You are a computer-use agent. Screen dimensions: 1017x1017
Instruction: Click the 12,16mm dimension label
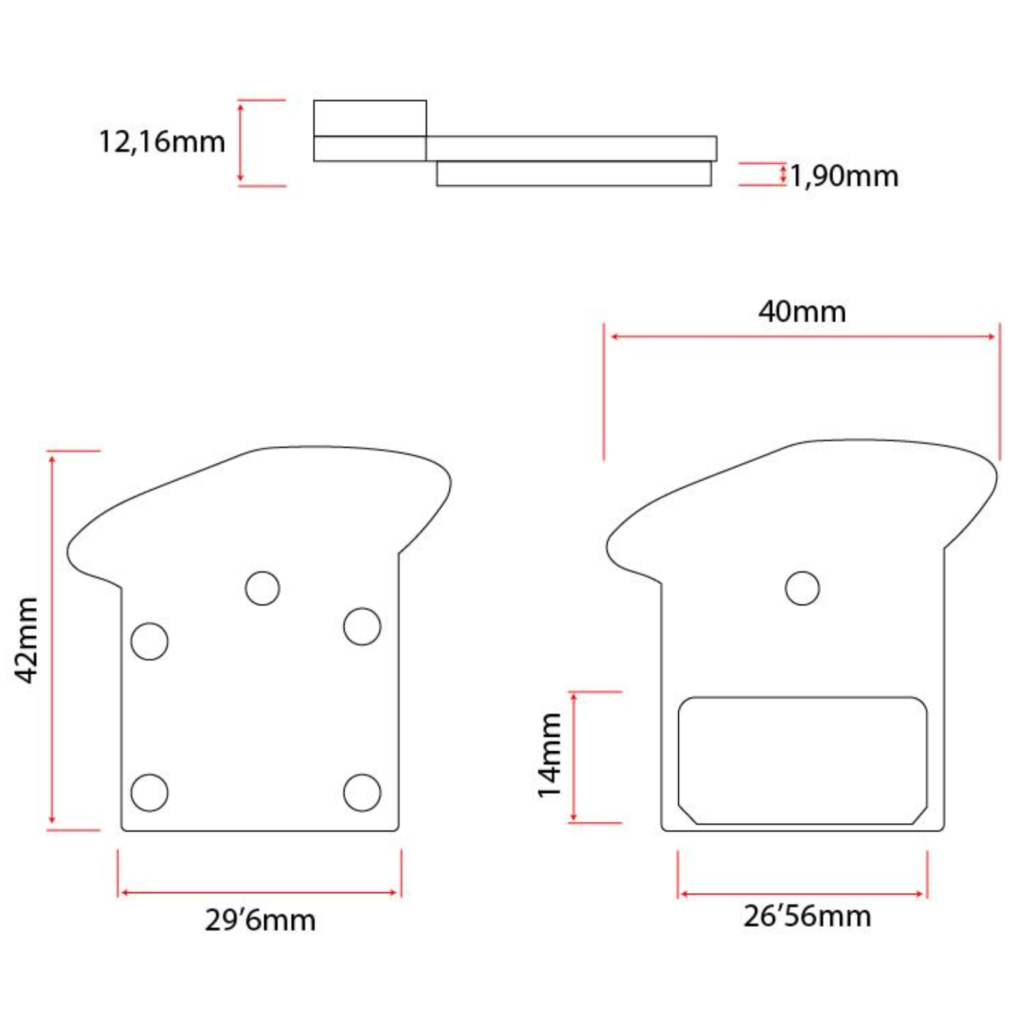click(162, 142)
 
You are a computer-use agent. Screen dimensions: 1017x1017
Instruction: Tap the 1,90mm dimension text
click(844, 176)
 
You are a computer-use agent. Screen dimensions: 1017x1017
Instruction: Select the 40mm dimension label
click(802, 311)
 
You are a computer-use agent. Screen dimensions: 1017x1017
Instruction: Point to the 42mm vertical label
click(27, 640)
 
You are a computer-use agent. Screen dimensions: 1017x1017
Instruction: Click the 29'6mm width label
click(260, 920)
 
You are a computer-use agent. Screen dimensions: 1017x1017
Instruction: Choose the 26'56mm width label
click(807, 916)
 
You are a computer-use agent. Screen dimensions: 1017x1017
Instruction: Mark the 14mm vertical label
click(550, 755)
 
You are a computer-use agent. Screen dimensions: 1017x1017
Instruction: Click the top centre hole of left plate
click(263, 588)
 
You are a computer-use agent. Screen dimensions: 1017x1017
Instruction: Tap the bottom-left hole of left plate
click(149, 792)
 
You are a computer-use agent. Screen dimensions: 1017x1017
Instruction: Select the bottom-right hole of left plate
click(362, 792)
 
